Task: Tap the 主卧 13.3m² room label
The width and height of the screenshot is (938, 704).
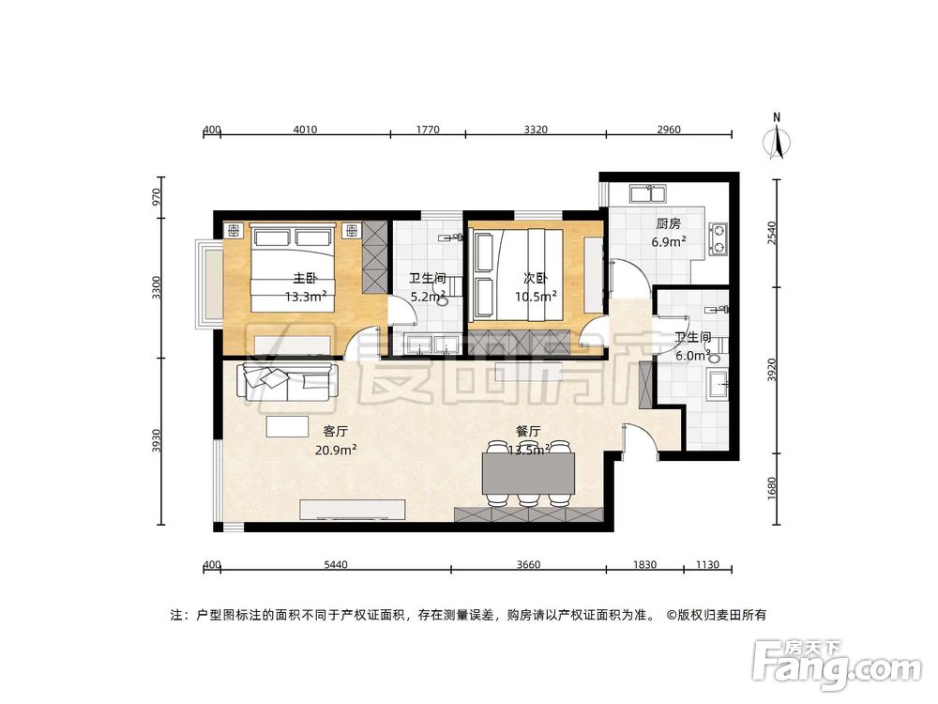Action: tap(306, 287)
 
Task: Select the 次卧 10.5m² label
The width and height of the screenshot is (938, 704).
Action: tap(536, 287)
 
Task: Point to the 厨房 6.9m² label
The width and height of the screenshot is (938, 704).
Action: tap(668, 233)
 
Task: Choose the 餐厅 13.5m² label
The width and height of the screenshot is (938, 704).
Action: tap(528, 440)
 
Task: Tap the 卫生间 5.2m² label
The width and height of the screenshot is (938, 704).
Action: tap(427, 287)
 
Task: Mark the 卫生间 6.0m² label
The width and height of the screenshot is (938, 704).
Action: tap(693, 345)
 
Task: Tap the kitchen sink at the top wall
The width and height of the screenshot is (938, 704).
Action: tap(648, 194)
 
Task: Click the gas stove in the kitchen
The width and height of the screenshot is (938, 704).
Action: tap(719, 238)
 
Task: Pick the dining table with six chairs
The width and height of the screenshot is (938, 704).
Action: tap(528, 473)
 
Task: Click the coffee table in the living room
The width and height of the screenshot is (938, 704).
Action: tap(285, 427)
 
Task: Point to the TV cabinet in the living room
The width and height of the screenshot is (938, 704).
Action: tap(352, 509)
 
